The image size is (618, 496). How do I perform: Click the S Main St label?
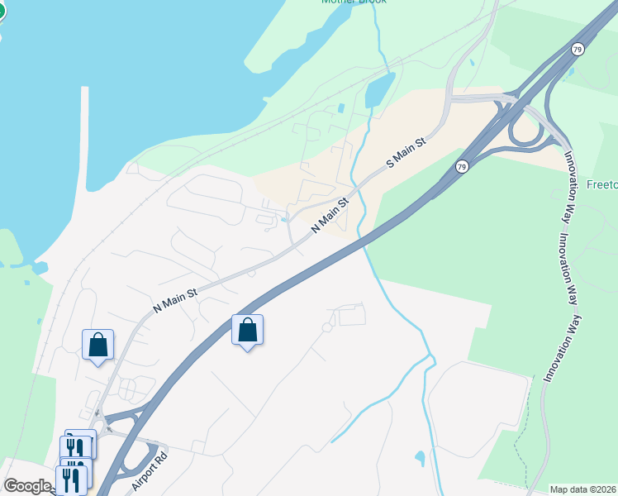407,154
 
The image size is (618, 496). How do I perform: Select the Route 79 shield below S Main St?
463,168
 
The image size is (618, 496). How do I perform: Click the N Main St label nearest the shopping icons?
175,299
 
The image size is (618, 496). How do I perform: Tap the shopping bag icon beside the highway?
247,331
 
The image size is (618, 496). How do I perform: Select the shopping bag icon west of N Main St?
97,345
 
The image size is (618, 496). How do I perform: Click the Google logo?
27,486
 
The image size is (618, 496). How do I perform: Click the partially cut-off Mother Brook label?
354,2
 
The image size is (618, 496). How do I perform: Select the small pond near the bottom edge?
421,456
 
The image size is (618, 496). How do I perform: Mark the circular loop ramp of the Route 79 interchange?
527,131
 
